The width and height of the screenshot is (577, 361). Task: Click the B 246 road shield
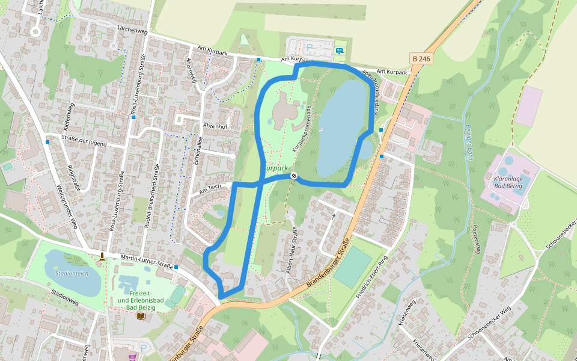tap(421, 58)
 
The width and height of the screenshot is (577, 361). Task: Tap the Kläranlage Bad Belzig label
tap(507, 182)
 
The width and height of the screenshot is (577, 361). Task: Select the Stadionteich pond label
tap(72, 273)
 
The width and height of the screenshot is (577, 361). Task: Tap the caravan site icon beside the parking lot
tap(340, 51)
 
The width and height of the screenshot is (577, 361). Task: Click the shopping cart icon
tap(132, 356)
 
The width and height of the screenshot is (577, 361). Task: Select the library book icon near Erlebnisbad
tap(141, 316)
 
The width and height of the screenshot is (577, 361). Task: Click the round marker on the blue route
tap(294, 176)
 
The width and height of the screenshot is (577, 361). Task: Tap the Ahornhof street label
tap(215, 126)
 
